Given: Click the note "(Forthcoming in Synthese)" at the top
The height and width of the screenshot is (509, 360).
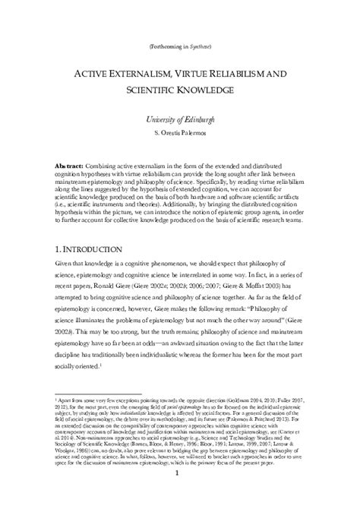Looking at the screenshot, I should (x=179, y=47).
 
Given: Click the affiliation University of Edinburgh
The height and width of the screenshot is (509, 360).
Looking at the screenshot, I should (x=179, y=121).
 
